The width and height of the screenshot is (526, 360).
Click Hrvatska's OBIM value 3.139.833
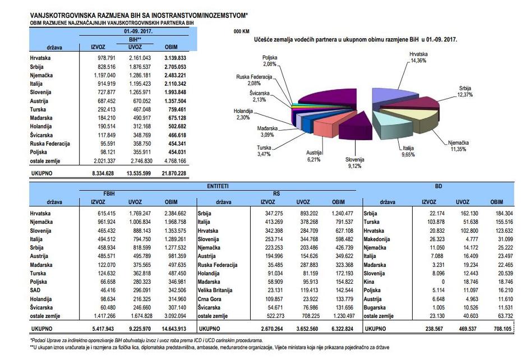click(x=175, y=58)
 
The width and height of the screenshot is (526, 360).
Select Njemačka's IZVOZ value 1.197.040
click(x=105, y=75)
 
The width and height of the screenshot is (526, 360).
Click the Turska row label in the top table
click(x=38, y=109)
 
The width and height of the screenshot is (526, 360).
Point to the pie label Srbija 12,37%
click(x=465, y=91)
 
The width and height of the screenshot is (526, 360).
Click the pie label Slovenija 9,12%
click(x=354, y=163)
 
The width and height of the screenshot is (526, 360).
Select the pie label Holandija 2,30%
click(x=243, y=114)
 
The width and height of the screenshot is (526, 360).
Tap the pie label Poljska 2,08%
click(x=270, y=61)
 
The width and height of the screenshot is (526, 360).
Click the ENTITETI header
click(x=218, y=186)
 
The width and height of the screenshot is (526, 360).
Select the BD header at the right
click(x=439, y=186)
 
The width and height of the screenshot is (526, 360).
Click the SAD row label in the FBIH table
click(x=35, y=290)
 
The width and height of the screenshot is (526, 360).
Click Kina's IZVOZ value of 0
click(x=443, y=282)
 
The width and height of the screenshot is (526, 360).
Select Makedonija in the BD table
click(x=377, y=239)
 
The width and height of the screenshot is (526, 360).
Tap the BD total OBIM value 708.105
click(x=502, y=329)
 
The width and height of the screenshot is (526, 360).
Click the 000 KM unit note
click(x=242, y=31)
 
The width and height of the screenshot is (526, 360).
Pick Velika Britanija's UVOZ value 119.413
click(x=307, y=290)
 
